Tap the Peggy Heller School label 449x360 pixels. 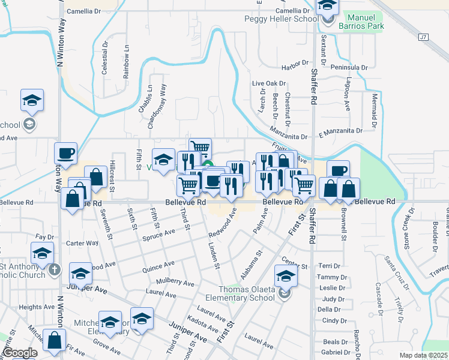coord(281,19)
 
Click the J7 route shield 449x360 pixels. coord(424,37)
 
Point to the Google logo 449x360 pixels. coord(20,353)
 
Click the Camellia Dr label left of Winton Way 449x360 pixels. coord(84,11)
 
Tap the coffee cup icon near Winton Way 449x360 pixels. coord(66,153)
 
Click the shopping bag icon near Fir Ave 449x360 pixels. coord(55,340)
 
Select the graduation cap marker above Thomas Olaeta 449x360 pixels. coord(286,275)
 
